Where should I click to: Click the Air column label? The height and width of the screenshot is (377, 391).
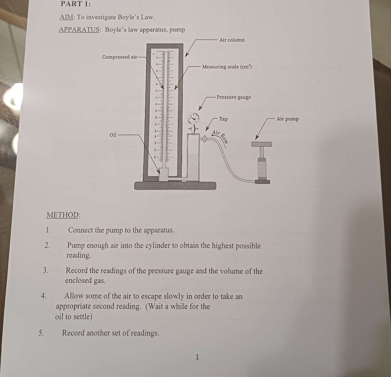(x=232, y=40)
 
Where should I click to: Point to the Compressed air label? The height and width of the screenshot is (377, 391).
(x=120, y=57)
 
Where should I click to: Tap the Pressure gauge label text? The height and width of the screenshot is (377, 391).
(x=233, y=97)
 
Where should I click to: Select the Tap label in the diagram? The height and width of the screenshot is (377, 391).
(x=223, y=119)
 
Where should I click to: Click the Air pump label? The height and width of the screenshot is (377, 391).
(x=288, y=119)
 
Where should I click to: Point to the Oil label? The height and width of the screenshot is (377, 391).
(x=113, y=134)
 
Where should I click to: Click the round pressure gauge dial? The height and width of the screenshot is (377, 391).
(x=193, y=119)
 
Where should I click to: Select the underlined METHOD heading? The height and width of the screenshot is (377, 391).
(x=63, y=215)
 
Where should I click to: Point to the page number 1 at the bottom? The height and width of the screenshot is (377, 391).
(x=197, y=357)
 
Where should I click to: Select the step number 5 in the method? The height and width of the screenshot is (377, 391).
(x=41, y=332)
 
